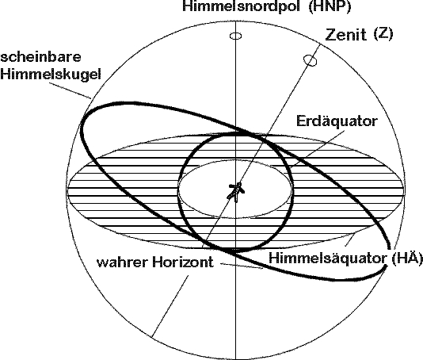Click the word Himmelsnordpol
tap(242, 6)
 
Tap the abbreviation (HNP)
tap(330, 6)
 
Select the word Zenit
tap(346, 35)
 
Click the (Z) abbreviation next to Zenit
tap(383, 34)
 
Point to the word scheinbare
tap(40, 58)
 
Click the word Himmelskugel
tap(51, 74)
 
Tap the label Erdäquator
tap(337, 121)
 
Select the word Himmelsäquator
tap(327, 259)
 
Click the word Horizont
tap(183, 262)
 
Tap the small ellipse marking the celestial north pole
tap(235, 36)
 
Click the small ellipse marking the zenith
tap(310, 60)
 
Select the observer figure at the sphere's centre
tap(236, 192)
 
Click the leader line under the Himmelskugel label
tap(70, 90)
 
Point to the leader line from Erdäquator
tap(318, 147)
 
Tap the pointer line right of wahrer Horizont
tap(242, 266)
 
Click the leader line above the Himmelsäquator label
tap(350, 239)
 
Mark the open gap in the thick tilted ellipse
tap(388, 257)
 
